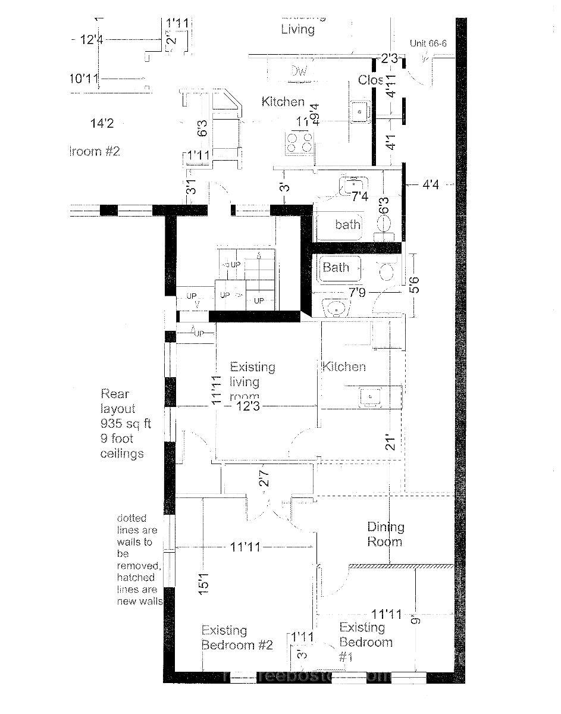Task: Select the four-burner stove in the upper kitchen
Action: (x=299, y=143)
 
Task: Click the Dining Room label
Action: (x=385, y=534)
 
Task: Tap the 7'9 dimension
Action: (x=356, y=292)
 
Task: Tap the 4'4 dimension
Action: (x=431, y=185)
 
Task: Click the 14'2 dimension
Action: (x=102, y=124)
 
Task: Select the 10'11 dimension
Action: (x=83, y=78)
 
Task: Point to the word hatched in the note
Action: (x=136, y=577)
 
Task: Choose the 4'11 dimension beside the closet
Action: (x=391, y=85)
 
